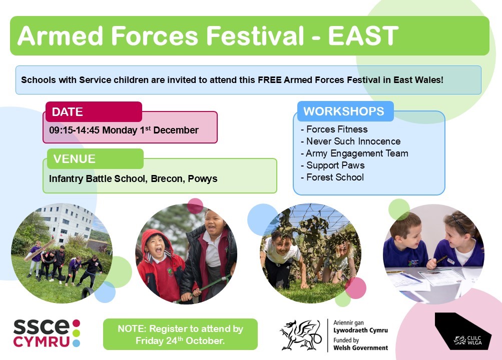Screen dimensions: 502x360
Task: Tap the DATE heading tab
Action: [94, 111]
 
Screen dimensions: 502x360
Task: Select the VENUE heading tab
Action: [95, 158]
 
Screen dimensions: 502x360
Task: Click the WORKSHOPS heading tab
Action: [345, 111]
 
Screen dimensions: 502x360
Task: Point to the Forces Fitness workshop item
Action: [334, 129]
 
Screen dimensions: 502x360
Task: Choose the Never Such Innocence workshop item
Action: [350, 141]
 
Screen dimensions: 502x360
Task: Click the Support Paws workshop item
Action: [333, 165]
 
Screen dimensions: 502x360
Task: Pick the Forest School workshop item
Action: [332, 177]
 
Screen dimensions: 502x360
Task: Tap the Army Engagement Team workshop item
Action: [354, 153]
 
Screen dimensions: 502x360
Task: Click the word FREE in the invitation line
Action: [270, 79]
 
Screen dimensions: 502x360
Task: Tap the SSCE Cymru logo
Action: [47, 333]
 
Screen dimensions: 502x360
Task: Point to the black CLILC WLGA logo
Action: [463, 331]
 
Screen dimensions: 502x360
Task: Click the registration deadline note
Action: [180, 334]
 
